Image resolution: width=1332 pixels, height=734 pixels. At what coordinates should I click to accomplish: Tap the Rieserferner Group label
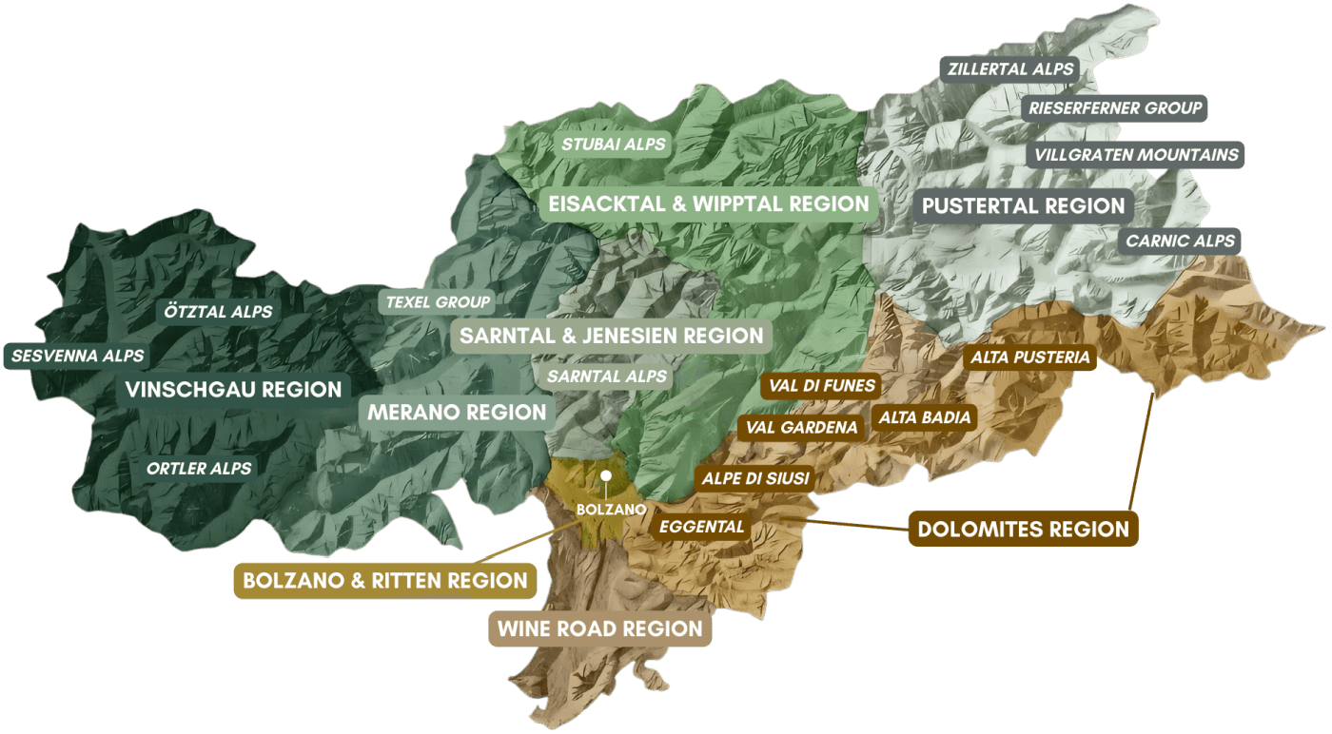[x=1115, y=108]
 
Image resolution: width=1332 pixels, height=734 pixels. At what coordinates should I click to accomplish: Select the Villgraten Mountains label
[x=1136, y=154]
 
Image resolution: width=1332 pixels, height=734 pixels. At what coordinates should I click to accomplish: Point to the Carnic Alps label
[x=1180, y=241]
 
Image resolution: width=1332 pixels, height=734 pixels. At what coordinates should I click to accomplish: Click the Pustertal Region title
[x=1023, y=205]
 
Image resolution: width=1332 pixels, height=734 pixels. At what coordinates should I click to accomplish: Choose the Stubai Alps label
[x=614, y=145]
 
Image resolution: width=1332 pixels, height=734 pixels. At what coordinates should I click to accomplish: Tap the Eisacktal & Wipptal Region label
[x=709, y=203]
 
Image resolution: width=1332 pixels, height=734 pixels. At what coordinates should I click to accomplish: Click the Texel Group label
[x=438, y=302]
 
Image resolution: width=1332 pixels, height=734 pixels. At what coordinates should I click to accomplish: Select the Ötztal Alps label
[x=218, y=312]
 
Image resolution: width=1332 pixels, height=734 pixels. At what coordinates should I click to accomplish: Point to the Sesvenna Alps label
[x=78, y=356]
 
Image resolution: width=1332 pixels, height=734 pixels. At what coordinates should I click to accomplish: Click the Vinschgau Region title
[x=233, y=389]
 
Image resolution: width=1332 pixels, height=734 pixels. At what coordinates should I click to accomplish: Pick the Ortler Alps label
[x=199, y=468]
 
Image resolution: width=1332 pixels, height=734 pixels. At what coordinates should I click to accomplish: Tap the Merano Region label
[x=458, y=413]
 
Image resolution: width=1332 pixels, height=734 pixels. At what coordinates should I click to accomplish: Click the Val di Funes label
[x=821, y=387]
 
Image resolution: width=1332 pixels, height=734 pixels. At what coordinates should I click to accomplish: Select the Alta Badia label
[x=924, y=417]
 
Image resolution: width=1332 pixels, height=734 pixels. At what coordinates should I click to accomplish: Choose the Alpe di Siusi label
[x=755, y=478]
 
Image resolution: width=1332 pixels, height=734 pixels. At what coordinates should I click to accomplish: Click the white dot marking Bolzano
[x=604, y=474]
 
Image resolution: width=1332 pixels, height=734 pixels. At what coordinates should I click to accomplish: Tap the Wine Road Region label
[x=599, y=628]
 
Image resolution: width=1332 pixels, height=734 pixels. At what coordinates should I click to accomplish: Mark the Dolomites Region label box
[x=1023, y=530]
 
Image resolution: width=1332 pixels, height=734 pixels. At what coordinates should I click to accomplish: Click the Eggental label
[x=702, y=526]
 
